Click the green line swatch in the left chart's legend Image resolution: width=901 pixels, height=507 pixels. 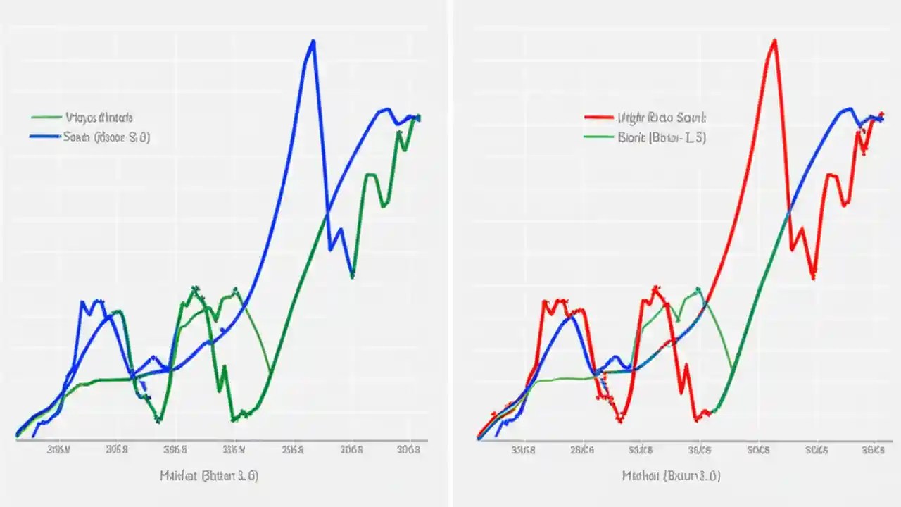46,118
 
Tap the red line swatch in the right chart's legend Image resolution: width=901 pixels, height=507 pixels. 599,118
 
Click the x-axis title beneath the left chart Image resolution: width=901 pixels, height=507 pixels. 208,475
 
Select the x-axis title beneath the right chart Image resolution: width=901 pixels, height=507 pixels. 671,475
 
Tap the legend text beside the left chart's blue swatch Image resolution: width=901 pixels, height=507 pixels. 106,137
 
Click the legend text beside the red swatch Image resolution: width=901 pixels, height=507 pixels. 662,118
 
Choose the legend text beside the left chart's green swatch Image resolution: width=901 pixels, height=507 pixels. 99,118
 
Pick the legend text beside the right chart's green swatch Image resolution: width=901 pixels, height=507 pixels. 662,137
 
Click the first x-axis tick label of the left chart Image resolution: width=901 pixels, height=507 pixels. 58,449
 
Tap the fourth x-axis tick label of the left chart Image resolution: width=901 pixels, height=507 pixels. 234,449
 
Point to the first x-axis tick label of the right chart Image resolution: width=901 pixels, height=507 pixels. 522,449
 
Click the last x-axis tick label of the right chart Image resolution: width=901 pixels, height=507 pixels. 874,449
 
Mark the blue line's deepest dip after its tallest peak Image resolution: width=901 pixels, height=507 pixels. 353,275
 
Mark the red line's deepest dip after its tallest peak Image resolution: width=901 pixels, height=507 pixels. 813,277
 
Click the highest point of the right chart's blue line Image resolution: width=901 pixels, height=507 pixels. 849,108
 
